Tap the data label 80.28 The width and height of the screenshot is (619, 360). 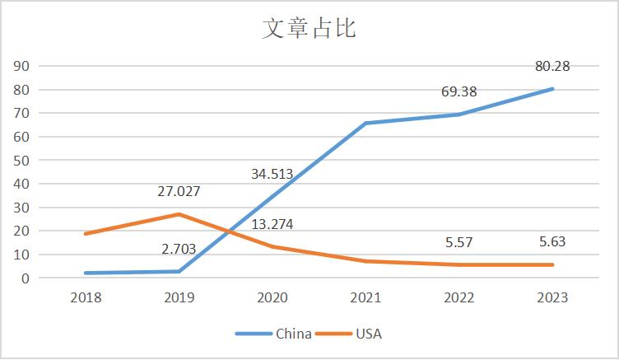pyautogui.click(x=552, y=67)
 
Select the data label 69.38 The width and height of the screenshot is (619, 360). pyautogui.click(x=458, y=91)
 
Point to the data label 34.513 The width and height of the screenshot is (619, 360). pyautogui.click(x=272, y=174)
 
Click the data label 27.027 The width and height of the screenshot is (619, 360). pyautogui.click(x=179, y=192)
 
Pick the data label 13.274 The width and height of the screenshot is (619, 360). pyautogui.click(x=272, y=224)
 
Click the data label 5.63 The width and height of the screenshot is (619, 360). pyautogui.click(x=552, y=242)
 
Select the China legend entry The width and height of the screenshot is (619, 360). pyautogui.click(x=273, y=334)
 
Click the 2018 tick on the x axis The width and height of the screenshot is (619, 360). pyautogui.click(x=86, y=297)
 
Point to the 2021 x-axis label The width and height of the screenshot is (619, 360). pyautogui.click(x=365, y=297)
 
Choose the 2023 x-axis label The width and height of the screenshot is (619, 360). pyautogui.click(x=552, y=297)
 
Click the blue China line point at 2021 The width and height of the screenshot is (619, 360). pyautogui.click(x=365, y=124)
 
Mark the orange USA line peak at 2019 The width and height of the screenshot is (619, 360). pyautogui.click(x=179, y=214)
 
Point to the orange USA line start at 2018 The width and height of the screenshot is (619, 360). pyautogui.click(x=86, y=234)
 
